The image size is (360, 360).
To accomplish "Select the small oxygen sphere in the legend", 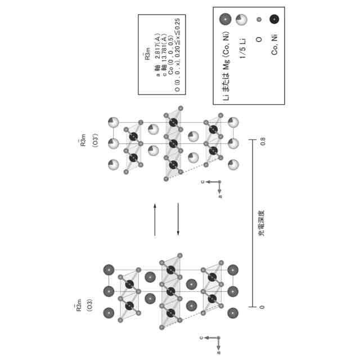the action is [259, 20].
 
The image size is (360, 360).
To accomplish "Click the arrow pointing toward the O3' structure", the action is [156, 219].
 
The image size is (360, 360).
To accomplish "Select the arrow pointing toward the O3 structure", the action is [178, 219].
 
